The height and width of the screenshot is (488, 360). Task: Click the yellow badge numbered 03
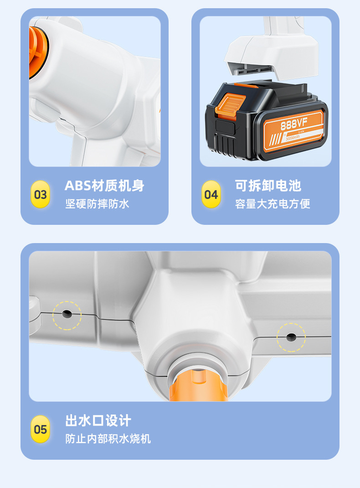tap(40, 195)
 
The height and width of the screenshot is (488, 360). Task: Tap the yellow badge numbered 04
tap(211, 195)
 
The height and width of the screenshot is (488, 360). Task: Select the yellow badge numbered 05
tap(40, 429)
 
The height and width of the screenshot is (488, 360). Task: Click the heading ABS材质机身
tap(104, 186)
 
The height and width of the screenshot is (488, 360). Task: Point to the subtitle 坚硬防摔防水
tap(97, 204)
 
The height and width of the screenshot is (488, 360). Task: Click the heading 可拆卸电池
tap(268, 186)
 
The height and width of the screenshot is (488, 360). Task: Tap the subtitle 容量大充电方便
tap(273, 204)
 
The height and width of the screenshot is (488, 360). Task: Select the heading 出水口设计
tap(98, 420)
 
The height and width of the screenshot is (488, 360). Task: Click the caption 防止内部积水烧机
tap(108, 439)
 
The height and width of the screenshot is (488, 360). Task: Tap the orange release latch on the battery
tap(232, 104)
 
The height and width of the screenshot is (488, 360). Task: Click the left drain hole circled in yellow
tap(67, 314)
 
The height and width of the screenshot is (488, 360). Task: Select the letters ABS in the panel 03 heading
tap(77, 186)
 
